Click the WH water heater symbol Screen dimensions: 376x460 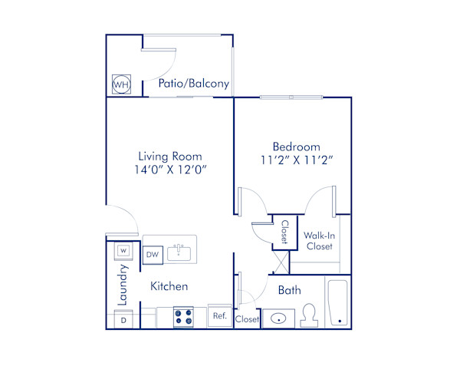pyautogui.click(x=120, y=84)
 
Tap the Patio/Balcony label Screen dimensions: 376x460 pyautogui.click(x=193, y=84)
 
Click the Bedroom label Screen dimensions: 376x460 pyautogui.click(x=296, y=146)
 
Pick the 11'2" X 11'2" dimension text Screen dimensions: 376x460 pyautogui.click(x=296, y=160)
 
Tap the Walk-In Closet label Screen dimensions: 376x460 pyautogui.click(x=319, y=241)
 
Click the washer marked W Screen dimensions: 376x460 pyautogui.click(x=122, y=250)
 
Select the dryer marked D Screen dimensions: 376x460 pyautogui.click(x=122, y=320)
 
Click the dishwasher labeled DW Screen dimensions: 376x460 pyautogui.click(x=152, y=254)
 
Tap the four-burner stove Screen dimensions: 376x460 pyautogui.click(x=183, y=318)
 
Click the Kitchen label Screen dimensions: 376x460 pyautogui.click(x=169, y=286)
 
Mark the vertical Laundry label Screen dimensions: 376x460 pyautogui.click(x=122, y=285)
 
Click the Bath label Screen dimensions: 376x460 pyautogui.click(x=289, y=290)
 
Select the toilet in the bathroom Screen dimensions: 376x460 pyautogui.click(x=310, y=315)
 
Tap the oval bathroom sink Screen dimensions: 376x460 pyautogui.click(x=278, y=318)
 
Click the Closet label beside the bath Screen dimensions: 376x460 pyautogui.click(x=247, y=319)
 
